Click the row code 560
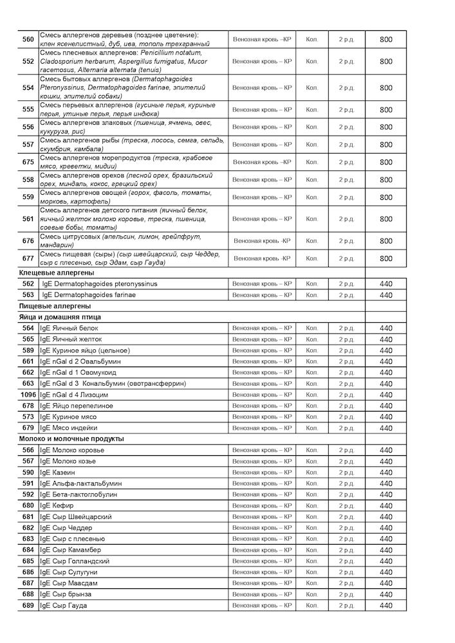28,39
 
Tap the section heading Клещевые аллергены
57,273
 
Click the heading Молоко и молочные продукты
71,439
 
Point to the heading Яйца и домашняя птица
60,317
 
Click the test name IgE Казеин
58,473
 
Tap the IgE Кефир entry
57,506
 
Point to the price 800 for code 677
385,258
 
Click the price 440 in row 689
385,606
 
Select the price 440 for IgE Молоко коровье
385,450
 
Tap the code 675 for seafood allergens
28,162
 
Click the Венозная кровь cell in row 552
262,62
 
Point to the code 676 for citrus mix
28,241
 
